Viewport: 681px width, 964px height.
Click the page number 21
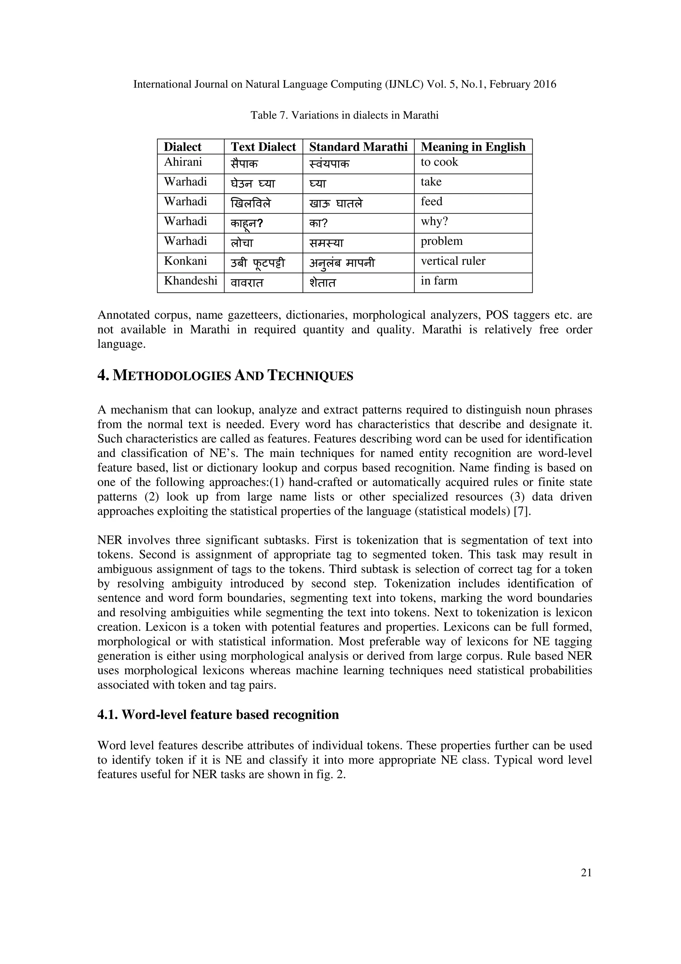pyautogui.click(x=586, y=873)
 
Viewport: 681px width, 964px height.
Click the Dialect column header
pyautogui.click(x=183, y=147)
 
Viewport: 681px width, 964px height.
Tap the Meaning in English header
pyautogui.click(x=473, y=147)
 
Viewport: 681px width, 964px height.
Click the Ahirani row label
pyautogui.click(x=183, y=162)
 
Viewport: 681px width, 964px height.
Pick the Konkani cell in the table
pyautogui.click(x=186, y=261)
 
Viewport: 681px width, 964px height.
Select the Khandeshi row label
pyautogui.click(x=191, y=281)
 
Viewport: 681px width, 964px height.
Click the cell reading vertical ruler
pyautogui.click(x=453, y=261)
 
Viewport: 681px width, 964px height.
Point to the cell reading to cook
pyautogui.click(x=439, y=162)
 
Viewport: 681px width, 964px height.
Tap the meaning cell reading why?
pyautogui.click(x=434, y=221)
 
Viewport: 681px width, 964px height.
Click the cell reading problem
pyautogui.click(x=441, y=241)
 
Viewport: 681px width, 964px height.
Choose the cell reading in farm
pyautogui.click(x=439, y=281)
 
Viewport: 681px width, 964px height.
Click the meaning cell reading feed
pyautogui.click(x=431, y=202)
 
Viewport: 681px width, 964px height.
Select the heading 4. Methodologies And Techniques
pyautogui.click(x=225, y=375)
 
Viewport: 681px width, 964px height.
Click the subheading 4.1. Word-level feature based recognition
pyautogui.click(x=218, y=715)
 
